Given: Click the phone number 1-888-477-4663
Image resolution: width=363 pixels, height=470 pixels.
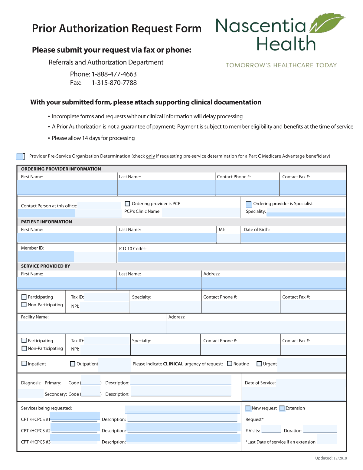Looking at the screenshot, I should pos(114,74).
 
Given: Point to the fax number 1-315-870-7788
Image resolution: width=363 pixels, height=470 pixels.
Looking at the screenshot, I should pos(114,83).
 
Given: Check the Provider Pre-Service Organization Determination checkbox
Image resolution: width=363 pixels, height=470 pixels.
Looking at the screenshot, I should pos(20,156).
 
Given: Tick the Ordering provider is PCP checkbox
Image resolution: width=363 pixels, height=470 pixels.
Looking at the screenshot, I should pos(127,204).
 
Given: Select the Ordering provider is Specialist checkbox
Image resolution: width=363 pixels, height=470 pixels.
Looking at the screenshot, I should pos(249,204).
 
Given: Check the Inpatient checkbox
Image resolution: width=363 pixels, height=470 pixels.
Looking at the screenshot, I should pos(24,363).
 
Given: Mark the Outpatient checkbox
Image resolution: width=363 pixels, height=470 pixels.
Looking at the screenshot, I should pos(73,364).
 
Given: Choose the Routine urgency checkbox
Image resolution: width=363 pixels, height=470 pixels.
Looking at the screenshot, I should pos(230,363).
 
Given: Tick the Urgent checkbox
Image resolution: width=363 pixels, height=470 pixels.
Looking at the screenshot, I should pos(259,364).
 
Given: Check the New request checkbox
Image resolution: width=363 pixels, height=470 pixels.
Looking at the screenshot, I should pos(248,408).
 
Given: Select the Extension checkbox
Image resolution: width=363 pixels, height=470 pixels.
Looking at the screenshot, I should pos(282,408).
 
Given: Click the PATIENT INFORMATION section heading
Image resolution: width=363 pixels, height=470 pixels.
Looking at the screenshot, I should pos(46,222).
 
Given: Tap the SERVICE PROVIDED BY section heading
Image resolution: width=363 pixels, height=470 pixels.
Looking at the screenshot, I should pos(45,266).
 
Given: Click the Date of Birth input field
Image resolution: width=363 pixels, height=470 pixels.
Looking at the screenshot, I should pos(293,238).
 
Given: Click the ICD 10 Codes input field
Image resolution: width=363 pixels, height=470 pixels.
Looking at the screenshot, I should pos(231,257).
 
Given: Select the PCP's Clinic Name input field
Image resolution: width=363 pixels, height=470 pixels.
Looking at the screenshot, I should pos(201,212).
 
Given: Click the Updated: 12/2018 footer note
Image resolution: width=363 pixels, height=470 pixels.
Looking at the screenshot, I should pos(331,458).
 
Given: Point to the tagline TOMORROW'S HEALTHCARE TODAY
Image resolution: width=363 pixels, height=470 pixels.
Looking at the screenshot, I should pos(281,65).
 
